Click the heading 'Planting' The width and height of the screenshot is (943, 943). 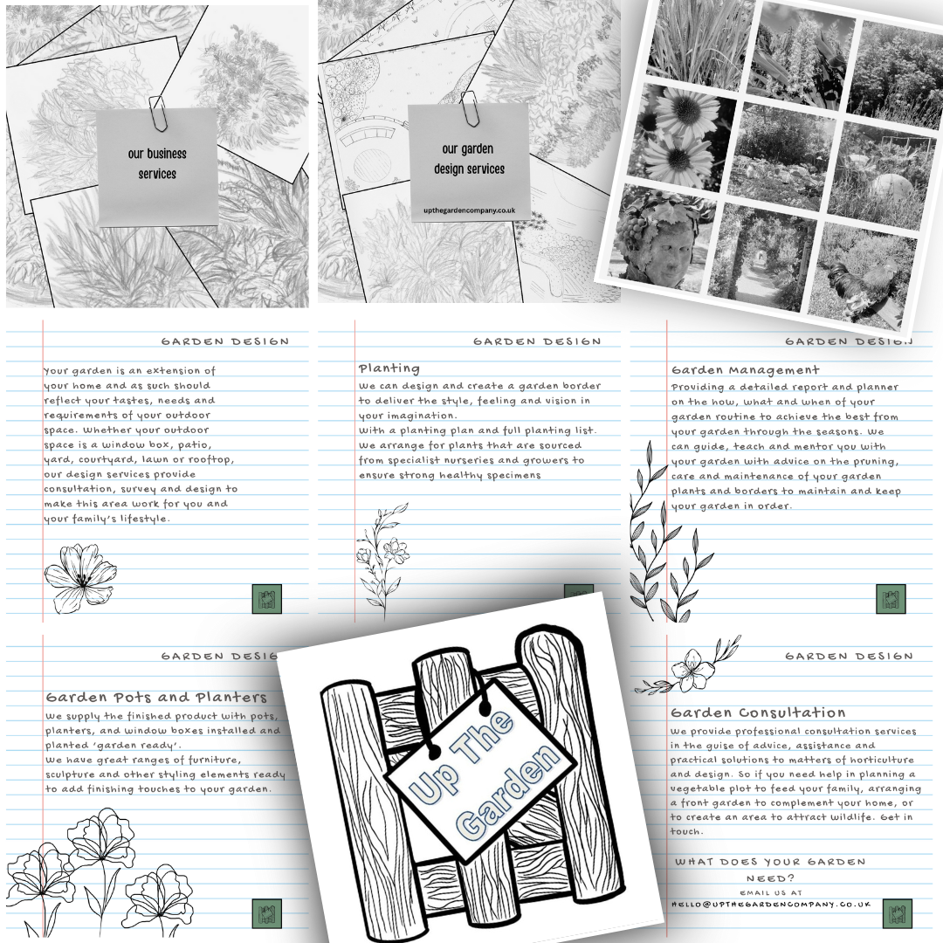[389, 368]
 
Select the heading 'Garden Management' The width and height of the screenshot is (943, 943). [746, 370]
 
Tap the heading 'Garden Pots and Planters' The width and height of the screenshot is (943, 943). [156, 698]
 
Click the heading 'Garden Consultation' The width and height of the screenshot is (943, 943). [758, 712]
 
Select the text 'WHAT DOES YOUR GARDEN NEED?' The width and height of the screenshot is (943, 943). [770, 869]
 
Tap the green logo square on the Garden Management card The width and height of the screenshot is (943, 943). [891, 599]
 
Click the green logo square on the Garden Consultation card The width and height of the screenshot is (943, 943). [897, 913]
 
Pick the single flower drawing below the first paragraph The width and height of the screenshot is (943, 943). [79, 576]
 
